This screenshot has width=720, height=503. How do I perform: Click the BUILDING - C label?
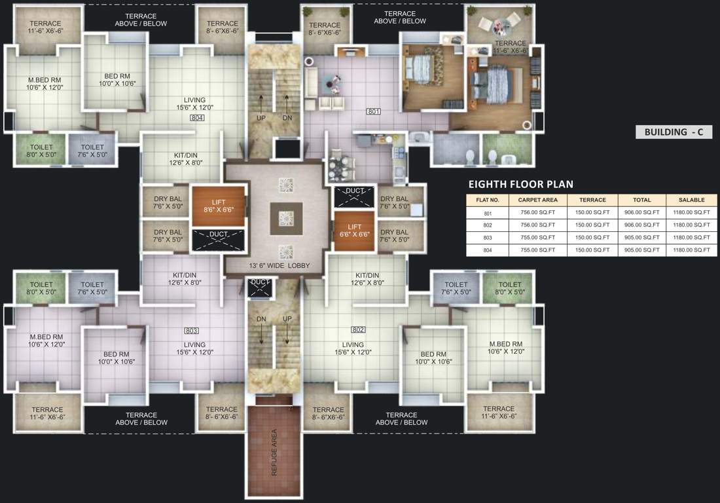tap(673, 132)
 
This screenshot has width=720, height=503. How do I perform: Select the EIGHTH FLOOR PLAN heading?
tap(520, 184)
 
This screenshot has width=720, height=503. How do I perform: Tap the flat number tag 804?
tap(197, 118)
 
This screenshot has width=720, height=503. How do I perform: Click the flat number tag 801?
tap(373, 111)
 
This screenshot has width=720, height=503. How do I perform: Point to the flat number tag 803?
tap(191, 330)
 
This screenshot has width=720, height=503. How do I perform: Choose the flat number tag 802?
tap(358, 329)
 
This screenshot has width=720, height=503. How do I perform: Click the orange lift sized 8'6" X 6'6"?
tap(218, 206)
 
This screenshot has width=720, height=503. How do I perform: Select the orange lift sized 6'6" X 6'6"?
tap(354, 231)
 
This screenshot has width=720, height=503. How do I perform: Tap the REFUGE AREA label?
tap(274, 452)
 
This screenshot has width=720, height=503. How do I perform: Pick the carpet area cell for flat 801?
tap(537, 213)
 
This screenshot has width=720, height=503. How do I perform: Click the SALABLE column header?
tap(691, 200)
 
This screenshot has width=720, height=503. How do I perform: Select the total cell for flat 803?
tap(641, 238)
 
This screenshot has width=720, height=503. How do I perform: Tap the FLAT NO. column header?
tap(488, 200)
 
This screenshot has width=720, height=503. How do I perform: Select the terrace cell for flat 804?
tap(592, 250)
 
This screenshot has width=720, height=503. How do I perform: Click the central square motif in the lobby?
tap(286, 218)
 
